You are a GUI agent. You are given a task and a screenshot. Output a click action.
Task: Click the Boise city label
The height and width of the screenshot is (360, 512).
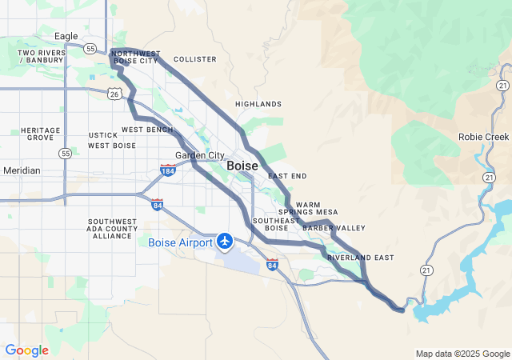tap(242, 165)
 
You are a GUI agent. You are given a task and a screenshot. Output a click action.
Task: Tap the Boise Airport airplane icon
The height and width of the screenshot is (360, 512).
tap(225, 240)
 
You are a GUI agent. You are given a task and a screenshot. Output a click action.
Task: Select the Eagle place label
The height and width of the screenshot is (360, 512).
tap(66, 36)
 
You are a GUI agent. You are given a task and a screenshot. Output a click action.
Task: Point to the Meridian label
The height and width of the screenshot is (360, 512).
tap(21, 170)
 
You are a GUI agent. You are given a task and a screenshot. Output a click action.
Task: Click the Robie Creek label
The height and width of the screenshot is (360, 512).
tap(483, 137)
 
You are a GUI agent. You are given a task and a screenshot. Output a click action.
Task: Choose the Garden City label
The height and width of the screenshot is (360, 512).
tap(199, 155)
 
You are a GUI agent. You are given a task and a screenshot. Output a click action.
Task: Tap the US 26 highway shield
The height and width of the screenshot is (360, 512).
tap(116, 94)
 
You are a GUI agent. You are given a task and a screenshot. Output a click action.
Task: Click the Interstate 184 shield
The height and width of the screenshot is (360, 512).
tap(168, 170)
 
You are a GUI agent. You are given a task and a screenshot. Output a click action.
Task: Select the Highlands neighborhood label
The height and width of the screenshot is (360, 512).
tap(258, 104)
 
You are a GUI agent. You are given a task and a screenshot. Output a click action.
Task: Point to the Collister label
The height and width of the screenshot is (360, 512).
tap(194, 59)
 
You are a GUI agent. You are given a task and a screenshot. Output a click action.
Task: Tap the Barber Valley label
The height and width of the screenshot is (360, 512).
tap(334, 228)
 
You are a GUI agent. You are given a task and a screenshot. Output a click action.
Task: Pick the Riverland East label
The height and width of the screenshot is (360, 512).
tap(360, 257)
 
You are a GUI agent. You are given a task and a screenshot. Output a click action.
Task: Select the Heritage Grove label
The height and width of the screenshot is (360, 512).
tap(40, 134)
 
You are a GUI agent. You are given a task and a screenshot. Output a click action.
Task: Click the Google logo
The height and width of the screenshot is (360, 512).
tap(26, 350)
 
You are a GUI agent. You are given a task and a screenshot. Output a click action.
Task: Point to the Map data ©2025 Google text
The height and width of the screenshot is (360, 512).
tap(462, 354)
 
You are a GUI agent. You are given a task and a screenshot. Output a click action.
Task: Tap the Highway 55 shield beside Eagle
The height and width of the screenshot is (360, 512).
tap(92, 48)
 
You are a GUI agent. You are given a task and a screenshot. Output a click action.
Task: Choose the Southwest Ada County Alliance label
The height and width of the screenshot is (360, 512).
tap(114, 228)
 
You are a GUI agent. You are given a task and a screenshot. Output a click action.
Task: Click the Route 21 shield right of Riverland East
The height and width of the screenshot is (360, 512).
tap(429, 270)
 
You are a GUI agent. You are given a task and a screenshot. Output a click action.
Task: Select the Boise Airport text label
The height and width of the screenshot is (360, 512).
tap(180, 242)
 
